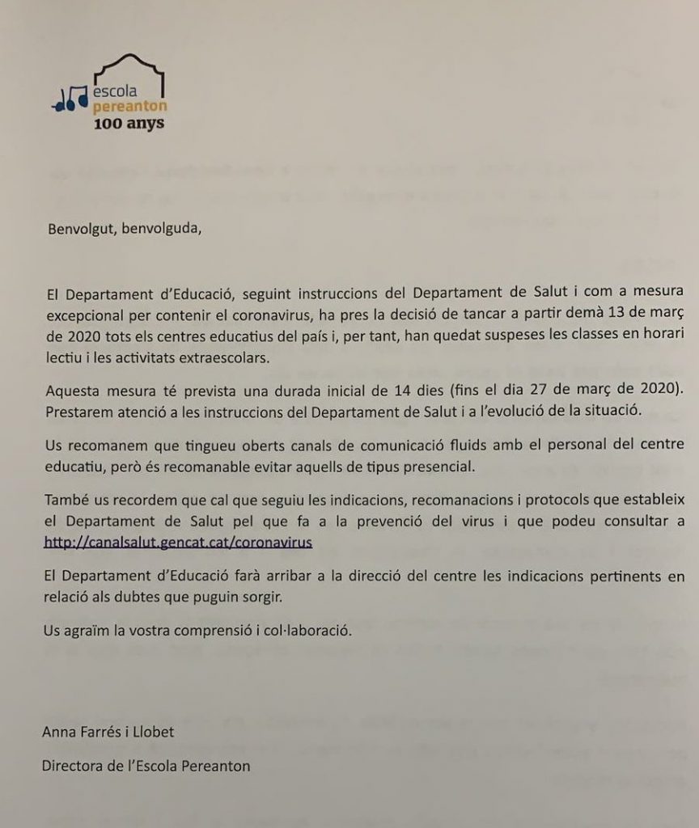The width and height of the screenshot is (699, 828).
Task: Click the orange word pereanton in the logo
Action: [x=126, y=107]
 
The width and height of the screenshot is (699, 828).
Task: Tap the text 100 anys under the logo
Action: [x=129, y=124]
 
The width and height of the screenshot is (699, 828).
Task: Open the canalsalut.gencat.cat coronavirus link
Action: [x=179, y=543]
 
